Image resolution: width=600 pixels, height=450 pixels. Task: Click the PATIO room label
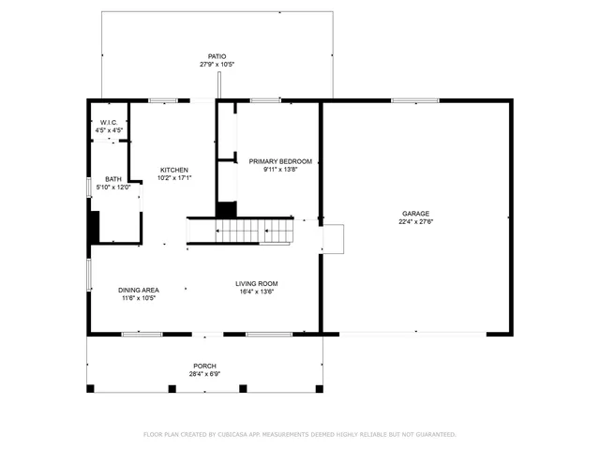(x=217, y=56)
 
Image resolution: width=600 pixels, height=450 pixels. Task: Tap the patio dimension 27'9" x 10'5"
(x=217, y=65)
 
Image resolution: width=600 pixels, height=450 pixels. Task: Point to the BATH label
(x=112, y=179)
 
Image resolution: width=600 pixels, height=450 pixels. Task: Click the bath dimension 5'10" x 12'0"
(x=112, y=187)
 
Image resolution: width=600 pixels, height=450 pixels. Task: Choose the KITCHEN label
(x=173, y=170)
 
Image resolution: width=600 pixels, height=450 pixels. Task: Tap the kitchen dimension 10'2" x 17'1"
(x=173, y=178)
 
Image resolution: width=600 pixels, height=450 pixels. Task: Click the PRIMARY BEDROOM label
(x=280, y=161)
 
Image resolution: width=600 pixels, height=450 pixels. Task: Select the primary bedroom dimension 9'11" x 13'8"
(x=280, y=170)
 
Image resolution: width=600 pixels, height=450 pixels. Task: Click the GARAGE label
(x=416, y=214)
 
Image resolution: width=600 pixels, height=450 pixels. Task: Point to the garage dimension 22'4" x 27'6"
(x=416, y=222)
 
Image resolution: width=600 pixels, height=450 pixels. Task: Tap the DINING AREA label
(x=138, y=291)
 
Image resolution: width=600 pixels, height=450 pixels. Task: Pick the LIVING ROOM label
(x=256, y=283)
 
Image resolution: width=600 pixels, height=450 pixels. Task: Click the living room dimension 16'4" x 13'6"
(x=256, y=292)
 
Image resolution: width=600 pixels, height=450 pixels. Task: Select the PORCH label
(x=204, y=366)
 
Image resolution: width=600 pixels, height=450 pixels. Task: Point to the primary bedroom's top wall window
(x=265, y=100)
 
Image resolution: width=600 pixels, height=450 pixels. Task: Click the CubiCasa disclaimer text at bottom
(x=299, y=434)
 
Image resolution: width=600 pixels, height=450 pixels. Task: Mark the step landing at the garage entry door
(x=333, y=238)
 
